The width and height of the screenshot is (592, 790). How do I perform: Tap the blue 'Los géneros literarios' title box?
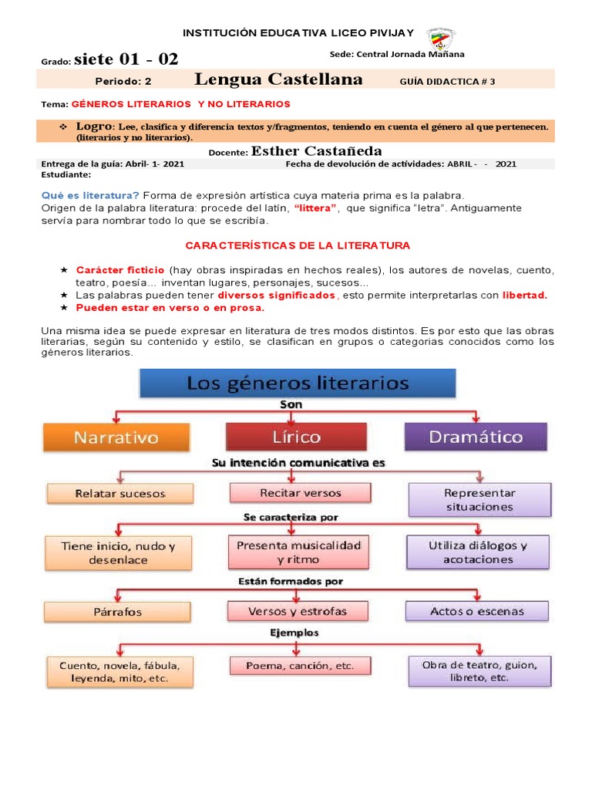297,383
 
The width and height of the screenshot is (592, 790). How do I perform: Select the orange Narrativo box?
116,437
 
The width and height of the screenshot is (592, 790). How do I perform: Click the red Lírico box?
296,437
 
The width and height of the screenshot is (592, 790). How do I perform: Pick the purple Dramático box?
476,437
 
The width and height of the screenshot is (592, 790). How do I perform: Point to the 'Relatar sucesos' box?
119,492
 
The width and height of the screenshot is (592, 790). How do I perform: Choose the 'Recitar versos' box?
300,492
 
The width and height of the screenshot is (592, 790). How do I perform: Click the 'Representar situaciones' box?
479,500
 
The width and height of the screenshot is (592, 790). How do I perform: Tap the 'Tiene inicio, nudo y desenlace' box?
118,553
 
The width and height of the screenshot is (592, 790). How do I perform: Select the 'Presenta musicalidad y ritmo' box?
298,552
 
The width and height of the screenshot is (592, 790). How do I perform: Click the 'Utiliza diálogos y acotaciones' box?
478,552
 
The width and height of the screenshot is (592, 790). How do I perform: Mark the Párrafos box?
118,612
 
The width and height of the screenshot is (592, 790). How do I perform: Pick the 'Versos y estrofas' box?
298,611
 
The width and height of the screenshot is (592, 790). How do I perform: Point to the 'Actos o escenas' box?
477,611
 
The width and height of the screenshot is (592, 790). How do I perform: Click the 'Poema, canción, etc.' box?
300,665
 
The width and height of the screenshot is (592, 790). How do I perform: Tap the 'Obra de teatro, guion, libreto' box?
479,670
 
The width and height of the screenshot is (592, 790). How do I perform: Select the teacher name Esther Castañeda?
317,151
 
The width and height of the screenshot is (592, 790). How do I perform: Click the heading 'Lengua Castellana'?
278,79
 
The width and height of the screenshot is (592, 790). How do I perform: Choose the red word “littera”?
315,208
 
